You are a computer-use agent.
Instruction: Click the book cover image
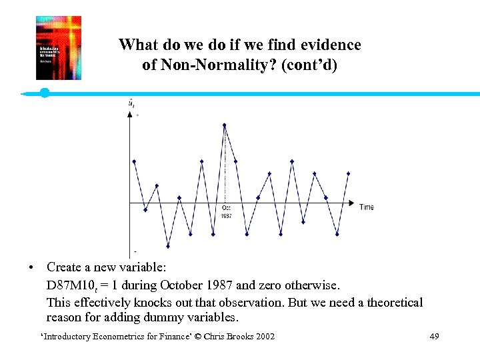[x=59, y=48]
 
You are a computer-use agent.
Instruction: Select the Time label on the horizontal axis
[x=367, y=207]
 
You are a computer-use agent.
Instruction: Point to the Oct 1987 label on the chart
[x=227, y=212]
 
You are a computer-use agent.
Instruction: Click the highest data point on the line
[x=225, y=125]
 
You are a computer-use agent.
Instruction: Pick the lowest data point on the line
[x=168, y=246]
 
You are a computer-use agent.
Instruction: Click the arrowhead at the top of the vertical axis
[x=130, y=114]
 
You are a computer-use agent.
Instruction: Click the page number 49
[x=434, y=337]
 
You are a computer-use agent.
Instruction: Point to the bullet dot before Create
[x=31, y=268]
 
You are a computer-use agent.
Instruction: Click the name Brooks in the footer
[x=237, y=337]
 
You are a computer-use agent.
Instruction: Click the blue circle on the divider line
[x=45, y=93]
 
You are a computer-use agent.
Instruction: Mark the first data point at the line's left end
[x=135, y=161]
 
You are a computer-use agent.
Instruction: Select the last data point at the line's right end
[x=348, y=173]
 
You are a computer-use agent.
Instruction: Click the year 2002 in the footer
[x=264, y=337]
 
